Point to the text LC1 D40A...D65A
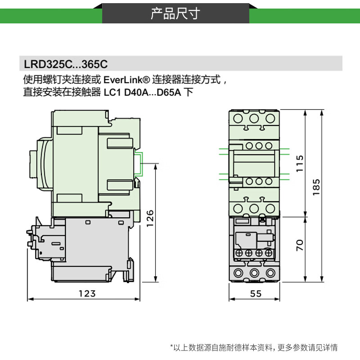point(142,94)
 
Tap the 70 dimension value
point(301,245)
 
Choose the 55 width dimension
point(255,293)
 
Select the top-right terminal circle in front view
point(270,118)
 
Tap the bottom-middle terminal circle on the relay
point(255,273)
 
